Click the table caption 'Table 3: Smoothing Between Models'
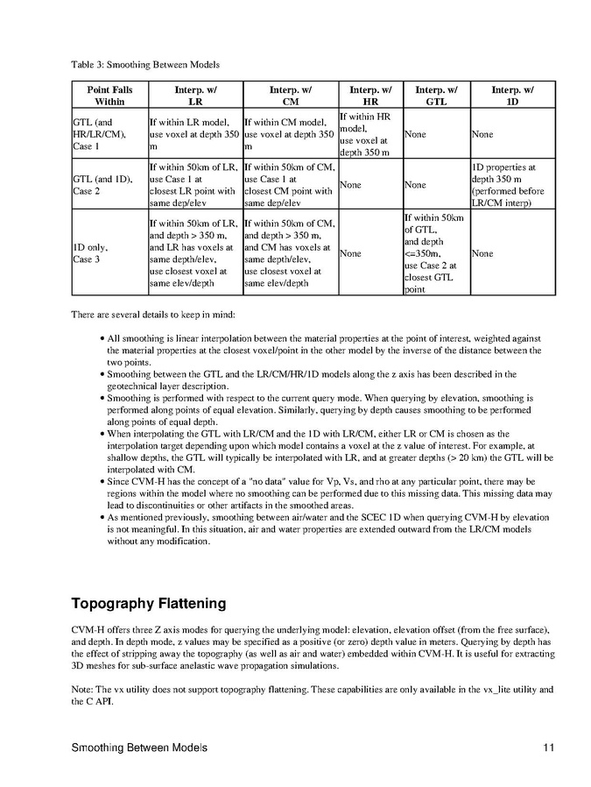(144, 64)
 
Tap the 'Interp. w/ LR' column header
(195, 96)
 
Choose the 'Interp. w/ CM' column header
(290, 96)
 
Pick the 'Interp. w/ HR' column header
(369, 96)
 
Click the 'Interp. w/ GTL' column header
(435, 96)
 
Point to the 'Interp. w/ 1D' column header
(512, 96)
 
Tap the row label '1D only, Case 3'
(91, 253)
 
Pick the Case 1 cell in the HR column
(368, 134)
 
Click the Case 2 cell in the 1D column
(511, 185)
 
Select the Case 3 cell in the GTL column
(434, 253)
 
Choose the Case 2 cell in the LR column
(194, 185)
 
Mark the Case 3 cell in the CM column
(289, 253)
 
